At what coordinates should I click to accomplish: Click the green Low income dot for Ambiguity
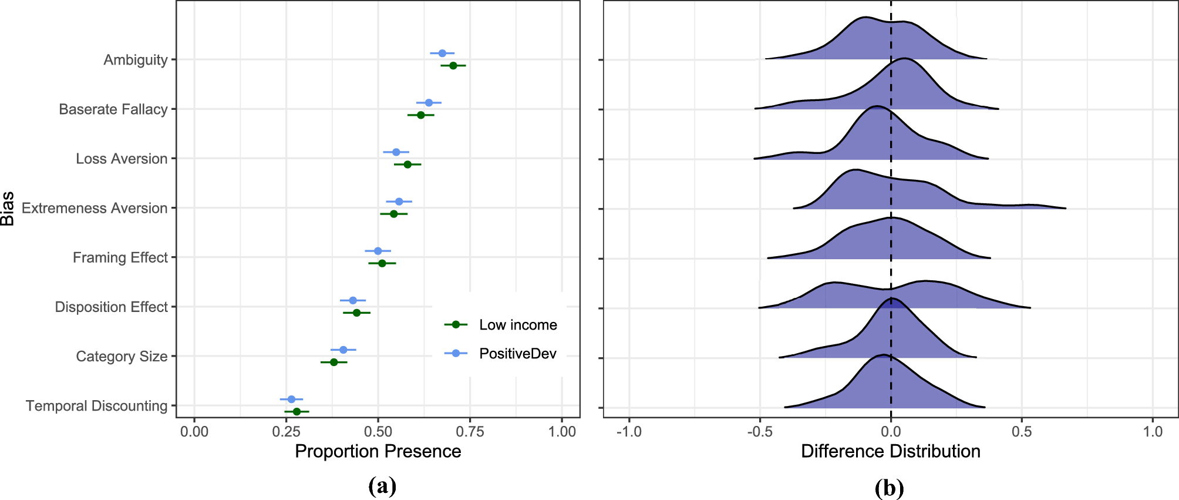(453, 65)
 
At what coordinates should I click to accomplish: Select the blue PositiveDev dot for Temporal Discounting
(291, 400)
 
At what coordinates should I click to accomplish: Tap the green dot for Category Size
(334, 362)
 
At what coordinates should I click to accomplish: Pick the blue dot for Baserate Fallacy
(429, 103)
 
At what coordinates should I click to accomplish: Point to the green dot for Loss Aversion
(407, 165)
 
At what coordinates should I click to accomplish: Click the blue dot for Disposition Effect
(353, 300)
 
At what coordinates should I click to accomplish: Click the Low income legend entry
(517, 325)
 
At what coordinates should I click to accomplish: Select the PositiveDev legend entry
(517, 354)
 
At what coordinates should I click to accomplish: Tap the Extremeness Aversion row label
(95, 208)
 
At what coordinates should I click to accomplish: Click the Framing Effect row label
(120, 257)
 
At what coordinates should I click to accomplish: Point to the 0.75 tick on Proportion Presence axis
(470, 432)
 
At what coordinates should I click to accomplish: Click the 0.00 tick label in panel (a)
(194, 432)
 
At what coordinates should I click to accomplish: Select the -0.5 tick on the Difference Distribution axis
(760, 432)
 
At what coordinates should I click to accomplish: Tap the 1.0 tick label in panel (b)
(1153, 432)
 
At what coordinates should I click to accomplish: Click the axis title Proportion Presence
(378, 451)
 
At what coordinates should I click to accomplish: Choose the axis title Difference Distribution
(890, 451)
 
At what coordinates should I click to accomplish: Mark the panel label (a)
(382, 486)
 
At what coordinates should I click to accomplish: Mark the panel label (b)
(889, 488)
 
